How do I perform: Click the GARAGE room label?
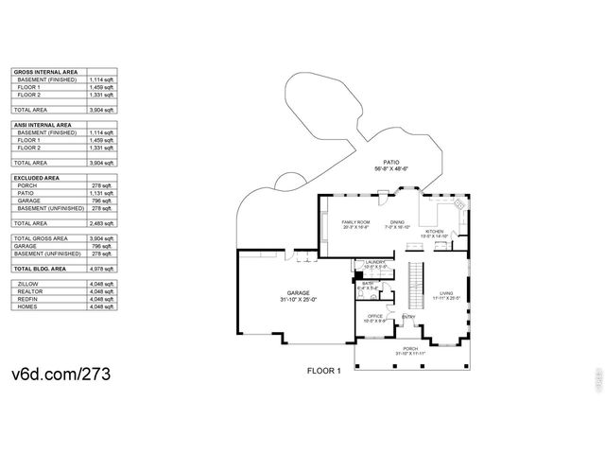coord(298,293)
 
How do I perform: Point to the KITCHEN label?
coord(435,232)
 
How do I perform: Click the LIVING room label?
coord(446,293)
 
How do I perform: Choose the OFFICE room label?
coord(374,316)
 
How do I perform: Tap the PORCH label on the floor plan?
coord(410,348)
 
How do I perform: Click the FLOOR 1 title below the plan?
coord(322,371)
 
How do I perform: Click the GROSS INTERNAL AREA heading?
coord(43,72)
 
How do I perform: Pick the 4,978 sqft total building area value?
coord(103,270)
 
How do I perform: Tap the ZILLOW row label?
coord(27,283)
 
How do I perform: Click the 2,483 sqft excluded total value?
coord(103,223)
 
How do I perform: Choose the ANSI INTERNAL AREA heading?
coord(42,125)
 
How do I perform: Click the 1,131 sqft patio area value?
coord(103,193)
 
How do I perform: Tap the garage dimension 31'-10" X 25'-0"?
coord(298,300)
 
